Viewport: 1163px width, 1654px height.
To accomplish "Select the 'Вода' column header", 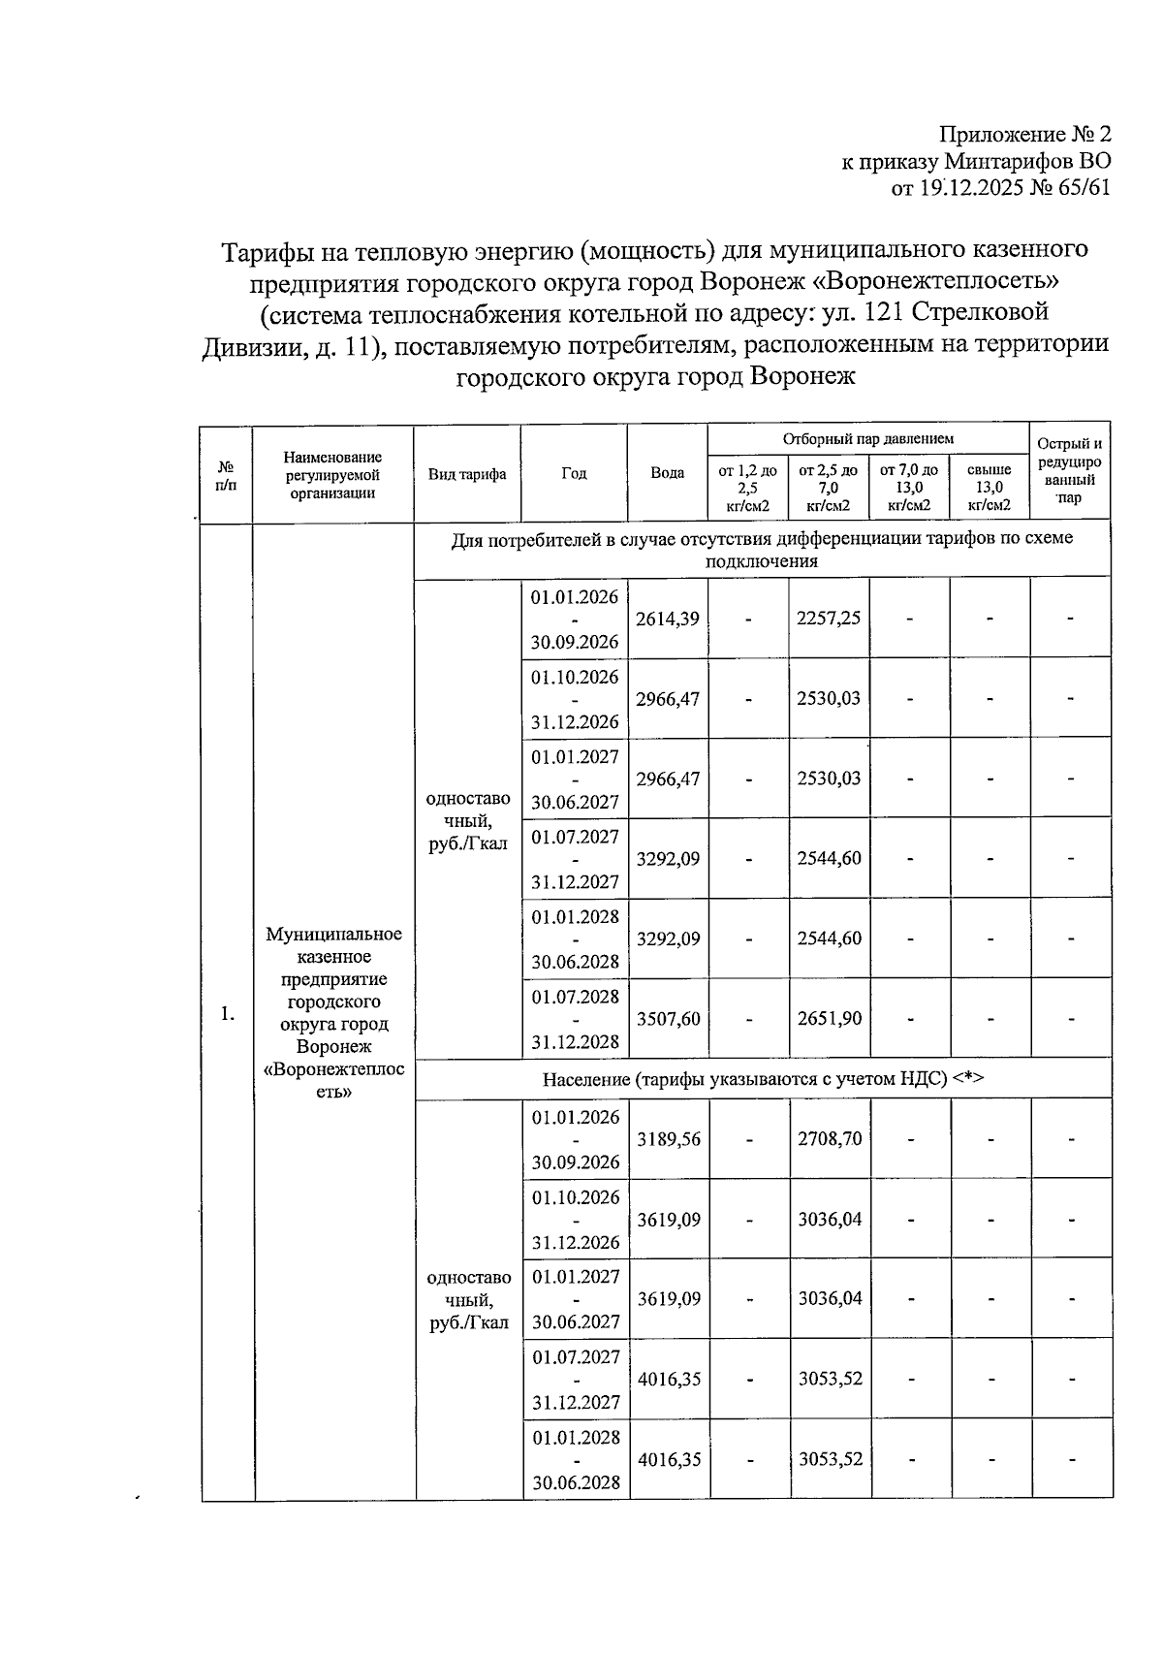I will pos(667,473).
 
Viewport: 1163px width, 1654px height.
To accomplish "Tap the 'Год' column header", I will pos(574,473).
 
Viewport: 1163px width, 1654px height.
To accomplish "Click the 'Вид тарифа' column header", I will pos(467,474).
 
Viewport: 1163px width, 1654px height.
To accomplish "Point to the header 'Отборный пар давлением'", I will pos(868,438).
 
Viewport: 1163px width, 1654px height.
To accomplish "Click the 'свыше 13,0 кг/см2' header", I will pos(990,488).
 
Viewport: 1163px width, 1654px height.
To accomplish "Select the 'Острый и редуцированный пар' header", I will pos(1070,471).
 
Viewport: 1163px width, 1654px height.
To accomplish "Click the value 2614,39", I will pos(668,619).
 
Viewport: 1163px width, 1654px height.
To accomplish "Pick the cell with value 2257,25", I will pos(829,619).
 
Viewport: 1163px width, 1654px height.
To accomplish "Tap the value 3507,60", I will pos(668,1019).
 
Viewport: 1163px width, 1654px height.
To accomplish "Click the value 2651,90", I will pos(830,1019).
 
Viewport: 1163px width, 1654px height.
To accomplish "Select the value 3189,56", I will pos(669,1139).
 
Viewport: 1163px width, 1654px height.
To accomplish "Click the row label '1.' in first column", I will pos(228,1014).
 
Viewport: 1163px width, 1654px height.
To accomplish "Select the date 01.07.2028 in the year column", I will pos(575,996).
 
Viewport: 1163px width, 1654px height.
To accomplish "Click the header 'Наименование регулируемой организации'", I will pos(332,474).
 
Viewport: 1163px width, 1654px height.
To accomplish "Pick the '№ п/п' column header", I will pos(226,474).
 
